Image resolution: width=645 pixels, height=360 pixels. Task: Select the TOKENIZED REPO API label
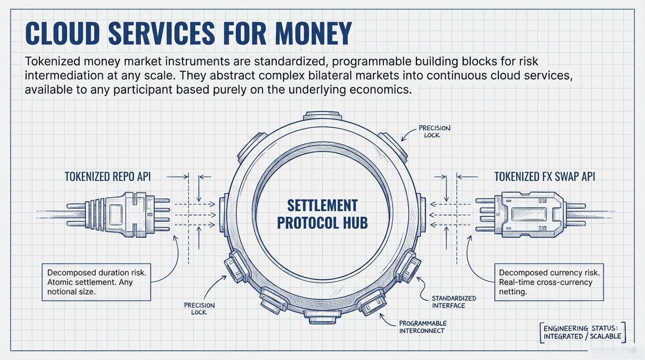(107, 176)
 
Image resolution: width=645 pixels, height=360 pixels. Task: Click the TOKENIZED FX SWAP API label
(544, 176)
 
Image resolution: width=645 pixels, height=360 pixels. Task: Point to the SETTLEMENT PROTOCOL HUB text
(322, 214)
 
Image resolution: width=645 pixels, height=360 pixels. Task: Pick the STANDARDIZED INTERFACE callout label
(454, 302)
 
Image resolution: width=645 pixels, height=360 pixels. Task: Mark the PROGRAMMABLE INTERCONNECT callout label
(422, 326)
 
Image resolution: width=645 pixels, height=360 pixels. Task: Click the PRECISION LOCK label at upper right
(434, 132)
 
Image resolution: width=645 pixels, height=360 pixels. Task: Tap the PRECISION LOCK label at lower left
(199, 309)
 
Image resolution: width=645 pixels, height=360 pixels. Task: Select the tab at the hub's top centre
(322, 115)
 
